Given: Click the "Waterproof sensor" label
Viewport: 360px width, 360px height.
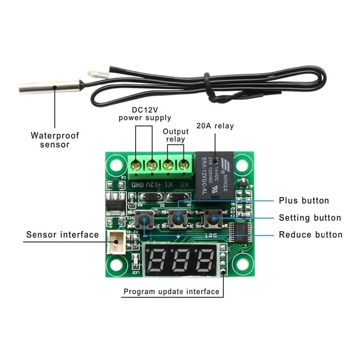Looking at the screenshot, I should (55, 140).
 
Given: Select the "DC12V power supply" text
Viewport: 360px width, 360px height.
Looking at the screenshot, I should (145, 114).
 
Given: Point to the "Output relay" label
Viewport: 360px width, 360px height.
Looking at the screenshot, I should (175, 135).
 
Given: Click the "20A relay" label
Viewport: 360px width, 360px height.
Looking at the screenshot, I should (215, 126).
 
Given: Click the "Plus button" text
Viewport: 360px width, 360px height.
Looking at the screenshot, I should (304, 201).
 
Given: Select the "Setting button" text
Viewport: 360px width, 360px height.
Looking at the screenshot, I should (310, 218).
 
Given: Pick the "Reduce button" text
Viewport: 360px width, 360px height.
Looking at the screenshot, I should (310, 235).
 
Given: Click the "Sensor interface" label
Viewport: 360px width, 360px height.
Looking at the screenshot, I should (63, 234).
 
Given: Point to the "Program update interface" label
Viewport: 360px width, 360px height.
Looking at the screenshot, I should (171, 291).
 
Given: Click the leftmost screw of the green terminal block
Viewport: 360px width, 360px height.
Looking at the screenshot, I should (135, 164).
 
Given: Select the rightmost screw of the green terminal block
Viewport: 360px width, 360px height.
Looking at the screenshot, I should (183, 164).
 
